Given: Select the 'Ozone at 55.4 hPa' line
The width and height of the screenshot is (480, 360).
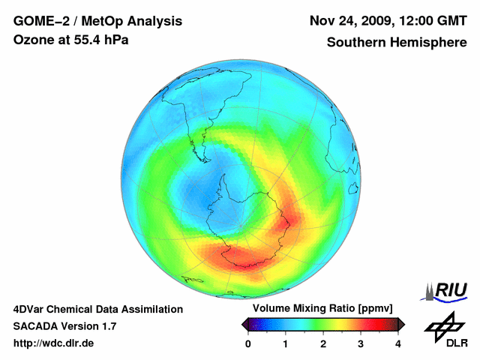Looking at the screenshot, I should pos(71,40).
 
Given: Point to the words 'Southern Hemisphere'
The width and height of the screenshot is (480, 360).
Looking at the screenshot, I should pos(397,43).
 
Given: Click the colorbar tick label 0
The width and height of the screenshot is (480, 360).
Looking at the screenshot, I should pos(248,343).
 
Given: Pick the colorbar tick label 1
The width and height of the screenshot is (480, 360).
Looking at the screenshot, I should pos(286,343).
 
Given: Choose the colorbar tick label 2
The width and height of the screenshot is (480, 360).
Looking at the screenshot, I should pos(323,343).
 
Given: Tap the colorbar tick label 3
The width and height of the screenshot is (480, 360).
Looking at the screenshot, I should pos(361,343).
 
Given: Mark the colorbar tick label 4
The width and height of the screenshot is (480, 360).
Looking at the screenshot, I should pos(398,343).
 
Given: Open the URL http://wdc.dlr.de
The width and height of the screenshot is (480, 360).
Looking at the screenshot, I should pos(54,343).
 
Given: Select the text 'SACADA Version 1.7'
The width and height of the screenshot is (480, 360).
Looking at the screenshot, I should pos(64,326).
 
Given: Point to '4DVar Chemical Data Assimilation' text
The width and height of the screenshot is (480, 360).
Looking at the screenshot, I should pos(97,309).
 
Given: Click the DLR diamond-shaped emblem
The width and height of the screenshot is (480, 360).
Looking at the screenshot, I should pos(445,325).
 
